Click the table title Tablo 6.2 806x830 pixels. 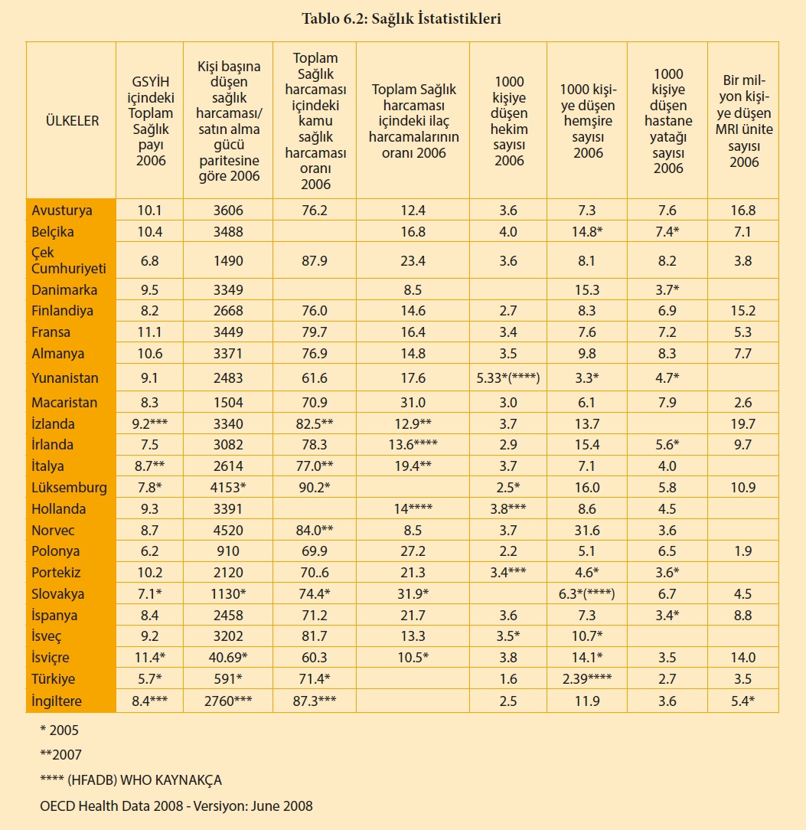point(402,18)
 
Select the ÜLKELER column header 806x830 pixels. point(72,121)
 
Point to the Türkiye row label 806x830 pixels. point(54,679)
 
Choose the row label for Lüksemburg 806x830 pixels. point(69,488)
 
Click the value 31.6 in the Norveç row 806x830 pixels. point(587,530)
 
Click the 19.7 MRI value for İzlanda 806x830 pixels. point(743,423)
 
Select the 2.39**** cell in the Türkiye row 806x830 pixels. point(587,679)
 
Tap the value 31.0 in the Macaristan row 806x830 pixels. point(413,403)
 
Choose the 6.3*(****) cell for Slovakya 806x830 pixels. point(587,594)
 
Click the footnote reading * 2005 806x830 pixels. point(59,730)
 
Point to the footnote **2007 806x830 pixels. point(60,755)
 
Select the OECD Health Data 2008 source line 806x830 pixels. point(176,805)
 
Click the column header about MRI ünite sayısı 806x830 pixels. point(743,121)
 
